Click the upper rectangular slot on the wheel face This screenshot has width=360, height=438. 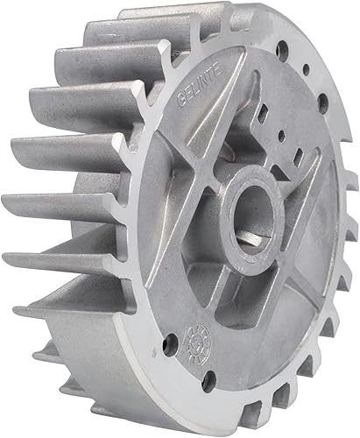265,113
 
